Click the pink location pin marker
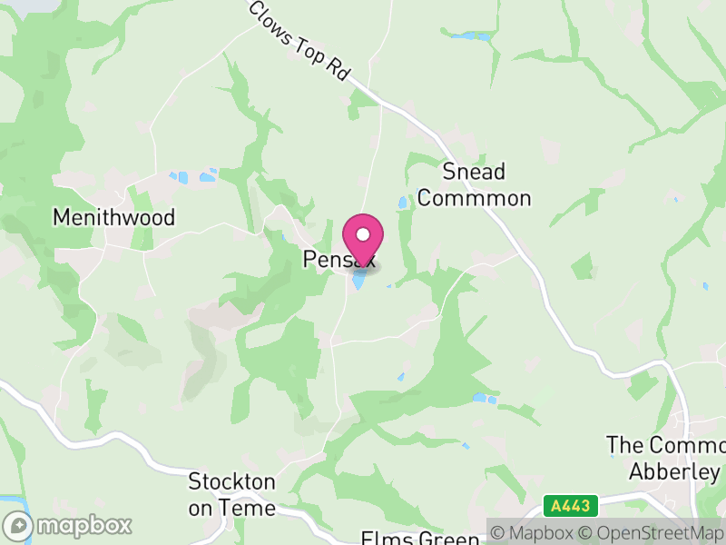click(x=363, y=241)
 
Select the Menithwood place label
click(x=113, y=218)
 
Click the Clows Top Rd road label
click(x=299, y=40)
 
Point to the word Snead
click(x=473, y=172)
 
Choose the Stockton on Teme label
click(x=231, y=494)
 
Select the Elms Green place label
click(x=419, y=538)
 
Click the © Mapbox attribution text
click(x=536, y=532)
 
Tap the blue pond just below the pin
click(x=360, y=282)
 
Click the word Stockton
click(x=231, y=481)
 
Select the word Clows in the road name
click(x=270, y=19)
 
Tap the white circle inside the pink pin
click(x=363, y=234)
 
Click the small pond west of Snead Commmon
click(x=402, y=202)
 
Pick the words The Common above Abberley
click(x=666, y=446)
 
